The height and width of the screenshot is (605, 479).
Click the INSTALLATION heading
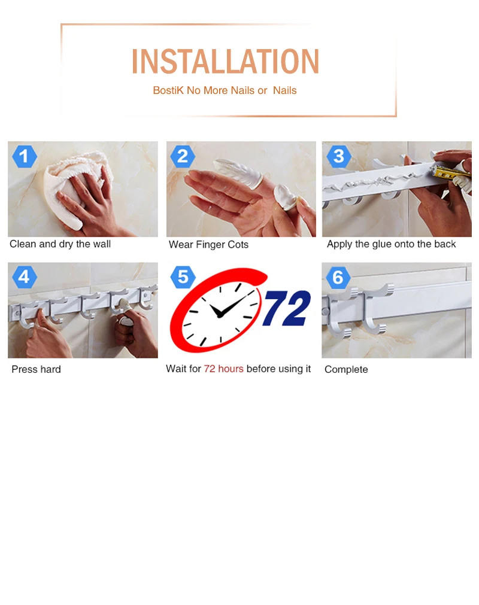[225, 61]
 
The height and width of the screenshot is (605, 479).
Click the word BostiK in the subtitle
[168, 90]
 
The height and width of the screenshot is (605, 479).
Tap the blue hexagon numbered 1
[25, 156]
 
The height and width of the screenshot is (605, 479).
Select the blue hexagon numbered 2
[183, 156]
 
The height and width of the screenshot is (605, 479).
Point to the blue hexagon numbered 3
[338, 156]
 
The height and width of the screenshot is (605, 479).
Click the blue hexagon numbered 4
[25, 276]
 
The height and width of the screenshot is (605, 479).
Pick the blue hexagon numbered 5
[183, 276]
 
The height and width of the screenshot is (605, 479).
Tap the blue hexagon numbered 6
[338, 277]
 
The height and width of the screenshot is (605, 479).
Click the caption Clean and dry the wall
[60, 244]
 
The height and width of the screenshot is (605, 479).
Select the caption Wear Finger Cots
[208, 245]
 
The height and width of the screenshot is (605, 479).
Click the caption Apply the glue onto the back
[392, 244]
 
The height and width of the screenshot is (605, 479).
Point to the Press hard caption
[37, 369]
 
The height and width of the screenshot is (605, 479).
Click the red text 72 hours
[223, 369]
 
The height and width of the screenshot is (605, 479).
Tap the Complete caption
[346, 370]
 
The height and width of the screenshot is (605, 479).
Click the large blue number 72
[287, 308]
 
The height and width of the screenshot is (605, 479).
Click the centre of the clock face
[220, 315]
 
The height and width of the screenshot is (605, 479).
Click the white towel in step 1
[77, 189]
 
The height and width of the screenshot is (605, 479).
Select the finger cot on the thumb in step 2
[286, 197]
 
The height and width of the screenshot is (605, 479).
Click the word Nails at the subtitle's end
[285, 90]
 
